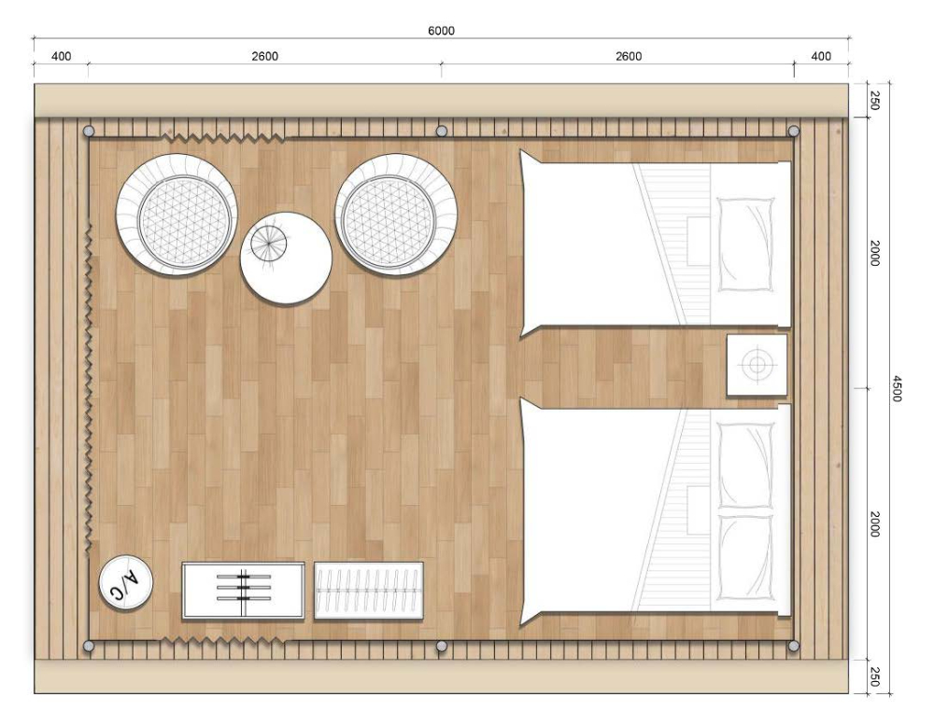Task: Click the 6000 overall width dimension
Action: click(x=441, y=31)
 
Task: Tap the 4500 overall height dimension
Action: click(x=897, y=388)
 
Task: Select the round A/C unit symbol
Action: click(x=126, y=582)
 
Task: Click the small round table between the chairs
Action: click(x=286, y=258)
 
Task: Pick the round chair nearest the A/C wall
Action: click(x=177, y=215)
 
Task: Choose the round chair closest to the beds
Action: click(x=396, y=215)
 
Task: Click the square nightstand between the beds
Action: click(x=757, y=365)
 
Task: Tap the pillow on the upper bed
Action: click(x=746, y=244)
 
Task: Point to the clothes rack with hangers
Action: click(x=369, y=591)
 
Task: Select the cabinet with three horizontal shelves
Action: click(x=243, y=591)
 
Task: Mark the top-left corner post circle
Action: click(x=89, y=131)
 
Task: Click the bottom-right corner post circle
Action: click(x=793, y=646)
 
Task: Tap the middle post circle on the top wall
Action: click(x=442, y=131)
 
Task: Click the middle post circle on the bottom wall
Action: click(x=442, y=646)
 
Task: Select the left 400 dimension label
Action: click(x=62, y=57)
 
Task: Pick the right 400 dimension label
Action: click(x=821, y=57)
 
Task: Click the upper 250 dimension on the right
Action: click(x=874, y=100)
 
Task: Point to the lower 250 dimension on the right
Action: click(x=874, y=676)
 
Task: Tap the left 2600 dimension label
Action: click(x=264, y=57)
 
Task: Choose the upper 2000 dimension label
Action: click(x=874, y=253)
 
